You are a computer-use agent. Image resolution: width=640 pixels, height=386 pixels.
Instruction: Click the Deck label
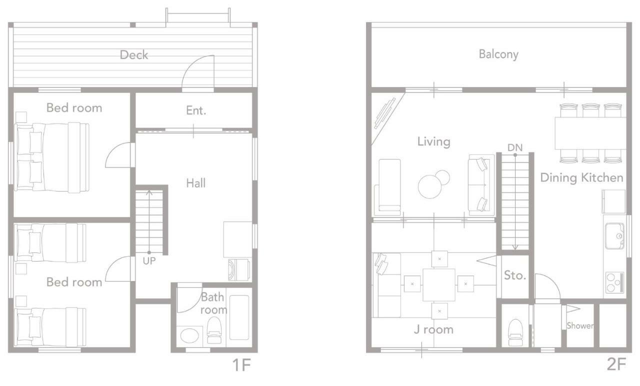tap(134, 54)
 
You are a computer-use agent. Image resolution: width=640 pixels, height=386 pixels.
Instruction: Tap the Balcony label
tap(498, 54)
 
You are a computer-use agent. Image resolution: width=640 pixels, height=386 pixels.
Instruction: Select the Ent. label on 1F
tap(196, 110)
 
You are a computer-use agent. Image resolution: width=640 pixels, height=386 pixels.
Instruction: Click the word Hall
tap(195, 183)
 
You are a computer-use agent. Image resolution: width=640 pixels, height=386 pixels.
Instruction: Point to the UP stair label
tap(149, 261)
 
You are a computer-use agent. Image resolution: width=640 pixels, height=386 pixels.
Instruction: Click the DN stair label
tap(515, 147)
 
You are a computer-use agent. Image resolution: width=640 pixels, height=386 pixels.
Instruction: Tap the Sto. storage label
tap(515, 275)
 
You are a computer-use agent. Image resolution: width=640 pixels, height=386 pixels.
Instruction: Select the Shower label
tap(580, 325)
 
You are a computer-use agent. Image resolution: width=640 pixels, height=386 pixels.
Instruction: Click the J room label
tap(433, 329)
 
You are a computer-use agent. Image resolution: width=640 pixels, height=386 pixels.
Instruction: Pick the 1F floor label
tap(241, 365)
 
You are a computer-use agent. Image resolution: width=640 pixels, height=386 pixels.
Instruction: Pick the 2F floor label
tap(616, 364)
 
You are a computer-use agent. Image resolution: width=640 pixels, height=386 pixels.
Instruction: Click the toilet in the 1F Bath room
tap(214, 330)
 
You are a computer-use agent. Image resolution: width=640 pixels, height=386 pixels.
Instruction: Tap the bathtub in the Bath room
tap(239, 317)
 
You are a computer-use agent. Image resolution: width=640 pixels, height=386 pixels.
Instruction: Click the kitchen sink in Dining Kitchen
tap(614, 236)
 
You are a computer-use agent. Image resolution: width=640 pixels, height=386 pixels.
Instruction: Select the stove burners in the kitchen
tap(614, 282)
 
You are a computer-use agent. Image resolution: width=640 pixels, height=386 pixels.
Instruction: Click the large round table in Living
tap(429, 187)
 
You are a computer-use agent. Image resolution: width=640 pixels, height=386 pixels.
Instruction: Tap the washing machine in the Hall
tap(239, 269)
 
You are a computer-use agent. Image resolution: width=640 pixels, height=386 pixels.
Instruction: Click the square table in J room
tap(439, 285)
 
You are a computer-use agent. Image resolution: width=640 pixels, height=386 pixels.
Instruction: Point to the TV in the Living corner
tap(385, 113)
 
